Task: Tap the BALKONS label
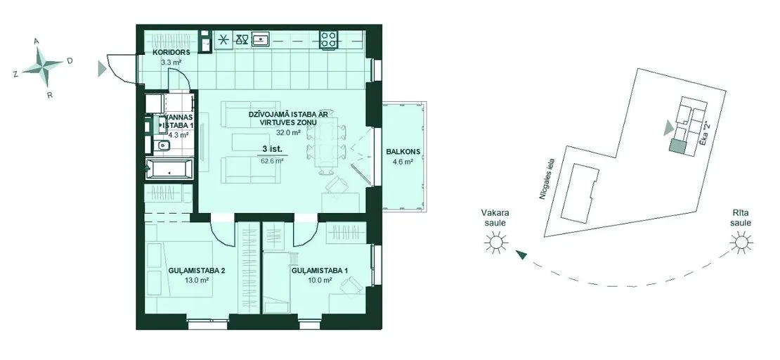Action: pos(403,152)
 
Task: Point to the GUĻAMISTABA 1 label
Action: pos(319,271)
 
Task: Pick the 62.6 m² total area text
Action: pos(272,161)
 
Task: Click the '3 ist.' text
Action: pos(272,149)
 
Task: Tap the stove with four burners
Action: pos(328,39)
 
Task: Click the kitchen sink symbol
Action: pos(261,39)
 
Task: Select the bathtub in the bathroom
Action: pos(169,169)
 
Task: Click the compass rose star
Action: pos(44,65)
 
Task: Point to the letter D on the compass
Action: pos(70,60)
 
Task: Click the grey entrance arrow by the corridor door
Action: pos(102,69)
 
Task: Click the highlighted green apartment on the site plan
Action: pos(677,146)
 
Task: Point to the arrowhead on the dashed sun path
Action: pos(521,255)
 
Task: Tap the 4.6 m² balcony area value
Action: pos(403,161)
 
